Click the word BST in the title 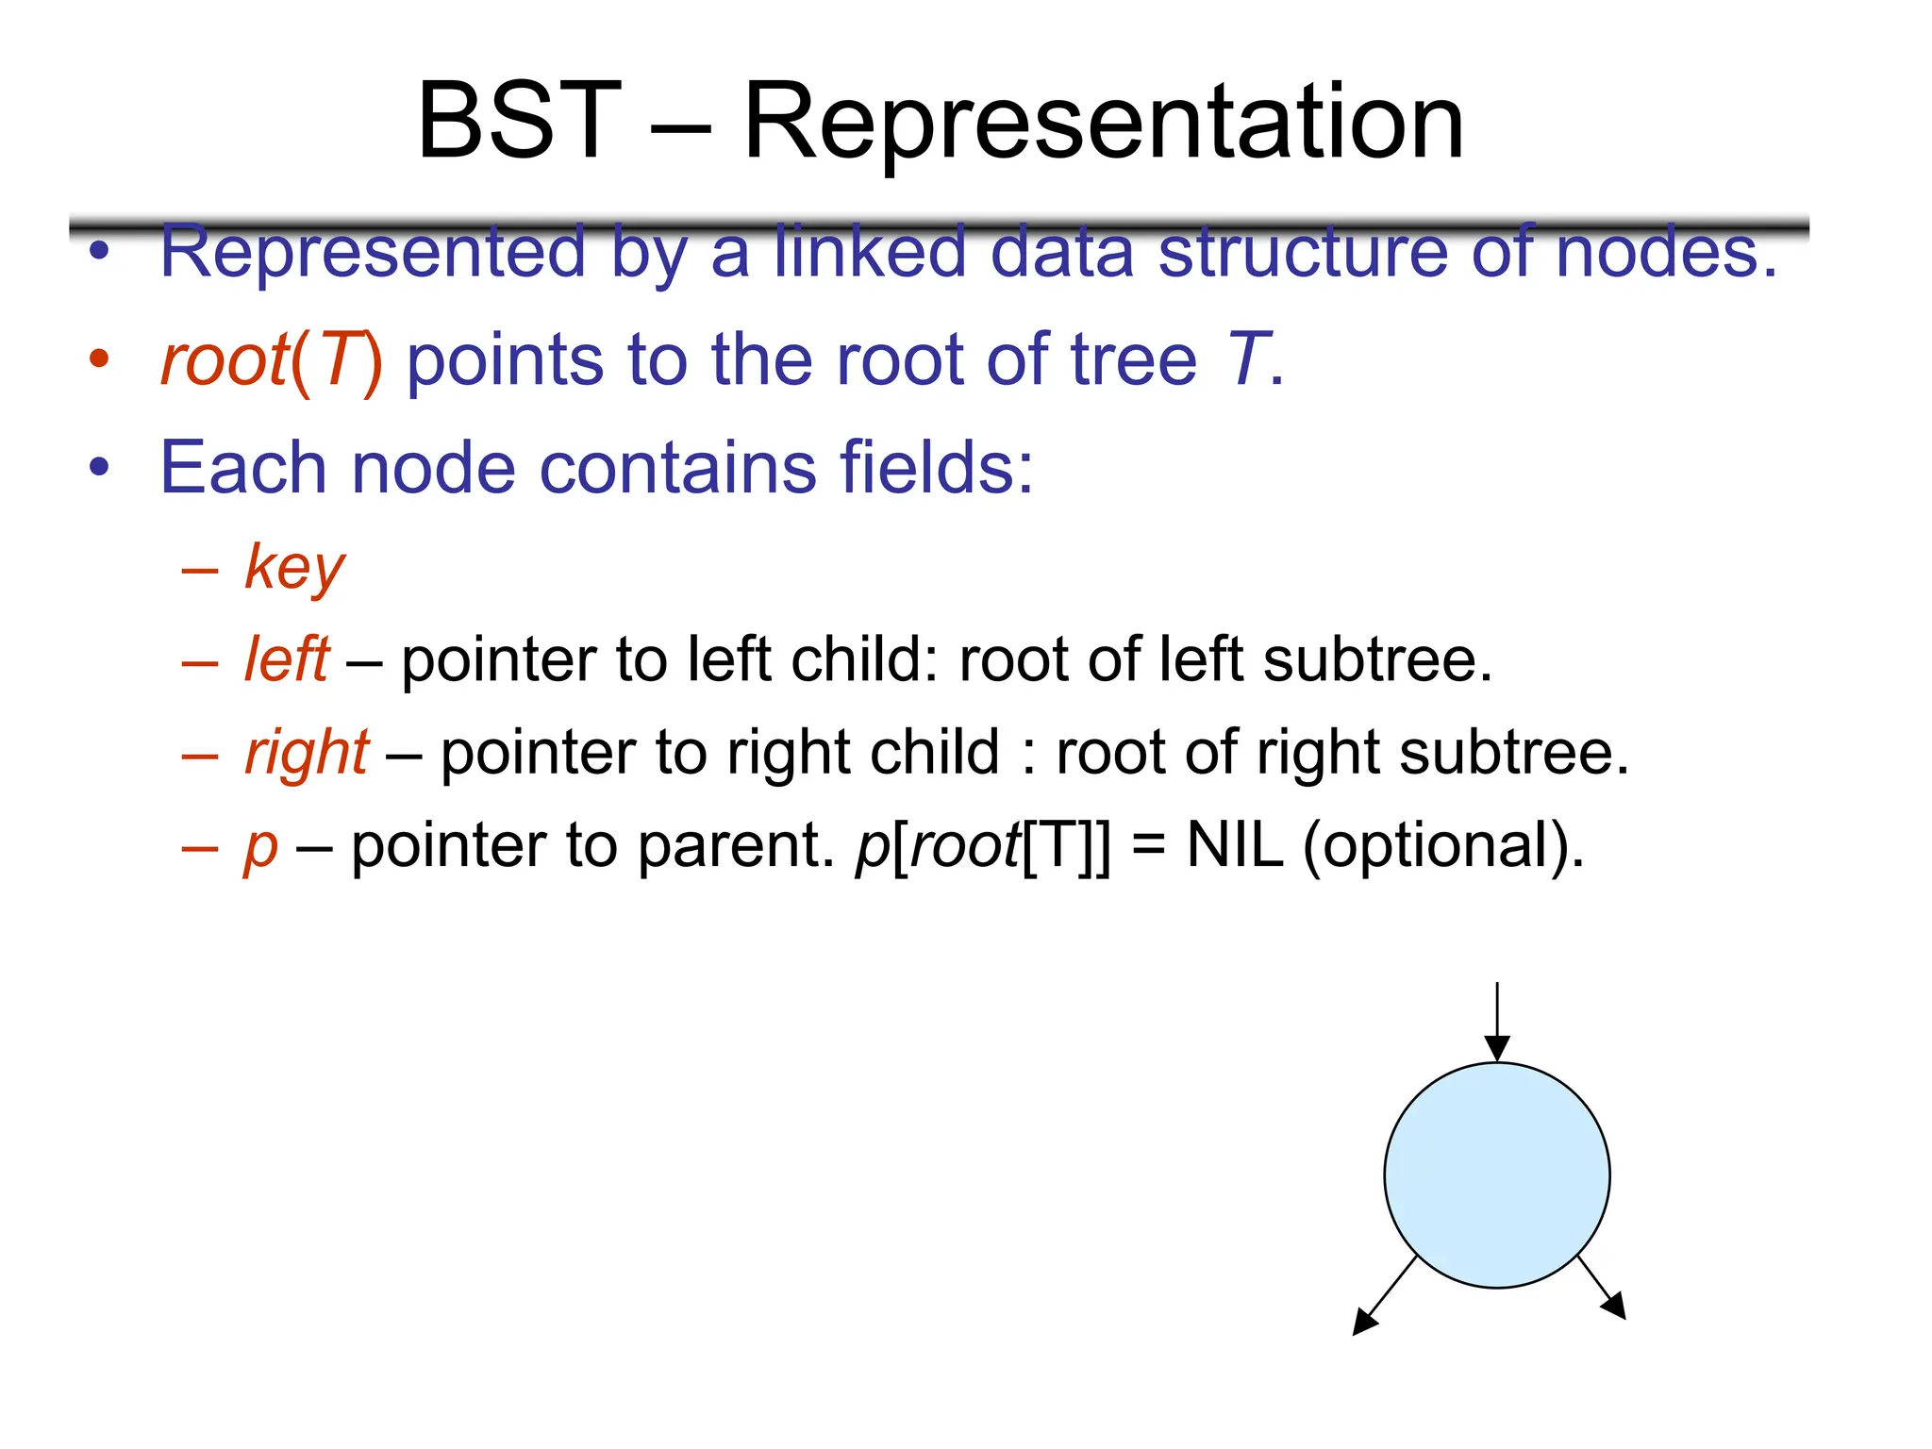519,122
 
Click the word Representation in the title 1103,124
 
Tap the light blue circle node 1496,1174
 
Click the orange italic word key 294,568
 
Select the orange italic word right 306,754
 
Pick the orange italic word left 286,659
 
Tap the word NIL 1235,845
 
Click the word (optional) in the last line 1443,846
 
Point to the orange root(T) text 272,360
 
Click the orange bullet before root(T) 99,359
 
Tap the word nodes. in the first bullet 1666,252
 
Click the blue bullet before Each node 99,467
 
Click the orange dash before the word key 200,572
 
